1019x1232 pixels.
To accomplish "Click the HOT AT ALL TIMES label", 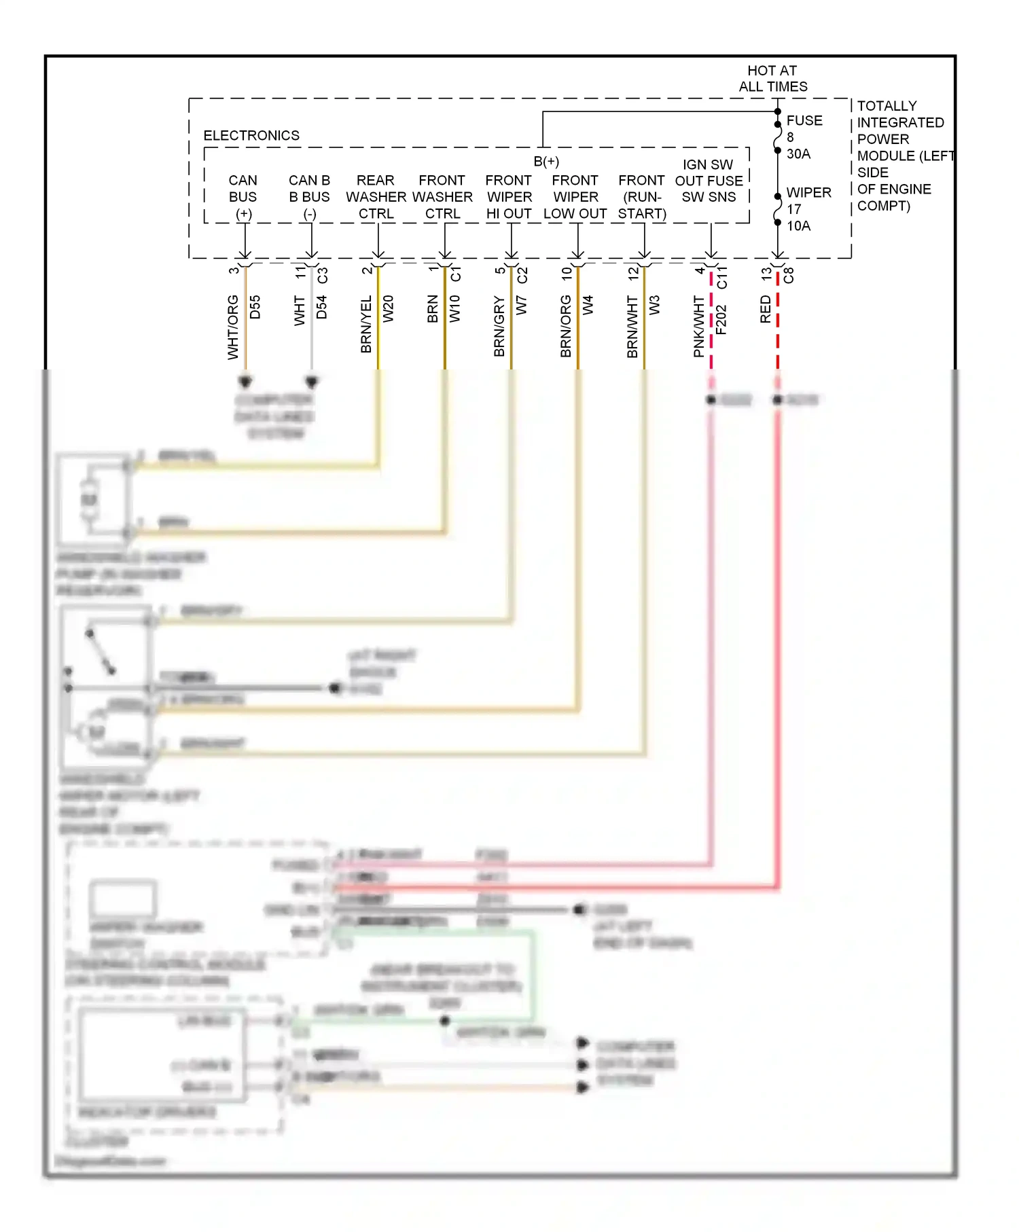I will pos(772,79).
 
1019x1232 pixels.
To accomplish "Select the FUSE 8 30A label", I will pos(804,137).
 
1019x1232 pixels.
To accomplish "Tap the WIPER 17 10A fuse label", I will pos(808,209).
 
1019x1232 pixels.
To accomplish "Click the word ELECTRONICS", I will pos(251,136).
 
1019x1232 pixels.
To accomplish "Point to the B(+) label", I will pos(546,162).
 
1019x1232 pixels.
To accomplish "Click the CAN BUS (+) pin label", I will pos(243,197).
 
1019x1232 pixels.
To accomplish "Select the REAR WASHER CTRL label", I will pos(376,197).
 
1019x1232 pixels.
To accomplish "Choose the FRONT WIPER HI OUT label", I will pos(509,197).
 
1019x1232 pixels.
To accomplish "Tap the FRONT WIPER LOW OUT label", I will pos(575,197).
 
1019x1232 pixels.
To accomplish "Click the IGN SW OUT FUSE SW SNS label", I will pos(709,181).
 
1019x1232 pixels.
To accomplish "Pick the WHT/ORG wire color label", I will pos(233,327).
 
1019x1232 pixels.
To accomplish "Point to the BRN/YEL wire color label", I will pos(366,324).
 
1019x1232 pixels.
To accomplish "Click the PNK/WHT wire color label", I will pos(699,326).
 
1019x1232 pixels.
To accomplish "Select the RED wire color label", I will pos(766,309).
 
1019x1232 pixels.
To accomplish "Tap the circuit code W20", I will pos(389,309).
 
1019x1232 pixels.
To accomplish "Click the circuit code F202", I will pos(721,319).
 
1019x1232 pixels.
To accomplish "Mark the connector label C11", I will pos(721,277).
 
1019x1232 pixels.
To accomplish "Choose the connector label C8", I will pos(788,275).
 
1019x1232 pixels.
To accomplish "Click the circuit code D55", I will pos(255,307).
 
